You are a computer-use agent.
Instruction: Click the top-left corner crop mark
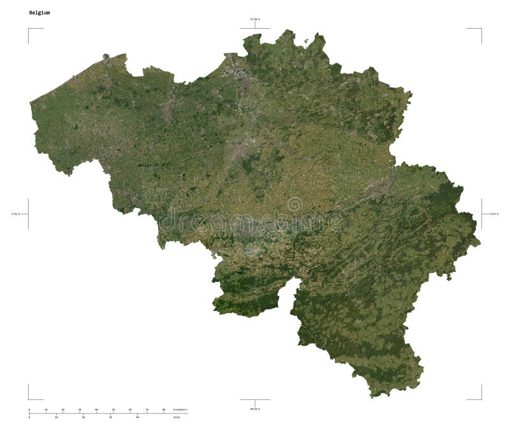[29, 29]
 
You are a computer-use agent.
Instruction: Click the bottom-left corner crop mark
[29, 399]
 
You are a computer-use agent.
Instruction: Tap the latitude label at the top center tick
[254, 20]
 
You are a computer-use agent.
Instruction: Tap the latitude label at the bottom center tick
[254, 408]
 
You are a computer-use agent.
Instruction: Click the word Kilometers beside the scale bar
[180, 410]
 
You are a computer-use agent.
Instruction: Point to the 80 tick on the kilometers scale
[164, 410]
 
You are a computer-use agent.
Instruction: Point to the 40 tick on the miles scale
[138, 417]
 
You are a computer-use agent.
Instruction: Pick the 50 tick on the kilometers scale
[113, 410]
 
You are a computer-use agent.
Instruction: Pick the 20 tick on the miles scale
[84, 417]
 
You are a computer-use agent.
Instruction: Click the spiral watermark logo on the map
[295, 205]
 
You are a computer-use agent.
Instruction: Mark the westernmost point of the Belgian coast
[30, 102]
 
